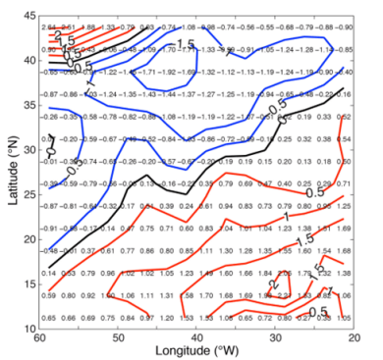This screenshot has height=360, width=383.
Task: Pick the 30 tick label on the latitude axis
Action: [26, 152]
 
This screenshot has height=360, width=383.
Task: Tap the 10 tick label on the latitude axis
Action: [26, 330]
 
